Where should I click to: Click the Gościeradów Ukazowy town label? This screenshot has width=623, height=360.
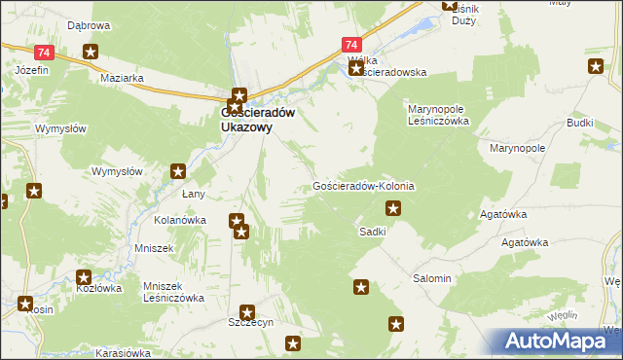254,119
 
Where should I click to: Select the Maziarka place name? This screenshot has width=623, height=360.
122,78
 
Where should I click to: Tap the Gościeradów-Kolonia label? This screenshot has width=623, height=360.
365,185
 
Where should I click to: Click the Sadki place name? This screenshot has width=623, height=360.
373,232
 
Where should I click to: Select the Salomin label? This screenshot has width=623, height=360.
432,278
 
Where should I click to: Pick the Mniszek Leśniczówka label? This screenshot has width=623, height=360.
173,292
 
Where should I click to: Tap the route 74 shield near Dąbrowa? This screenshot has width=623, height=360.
42,53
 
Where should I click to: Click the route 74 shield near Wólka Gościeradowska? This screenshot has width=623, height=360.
351,45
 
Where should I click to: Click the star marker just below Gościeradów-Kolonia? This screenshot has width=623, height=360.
393,206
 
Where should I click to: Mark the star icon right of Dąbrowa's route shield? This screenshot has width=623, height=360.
91,53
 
